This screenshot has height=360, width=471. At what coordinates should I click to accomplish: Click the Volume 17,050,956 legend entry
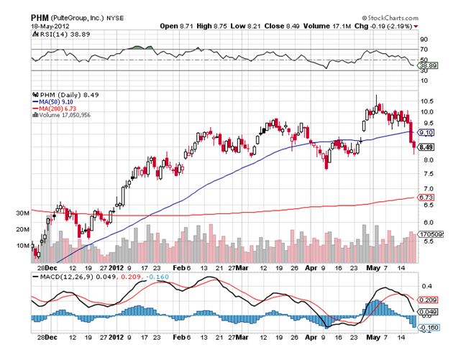(64, 115)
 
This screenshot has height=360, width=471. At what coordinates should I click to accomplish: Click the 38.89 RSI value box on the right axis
(426, 65)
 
